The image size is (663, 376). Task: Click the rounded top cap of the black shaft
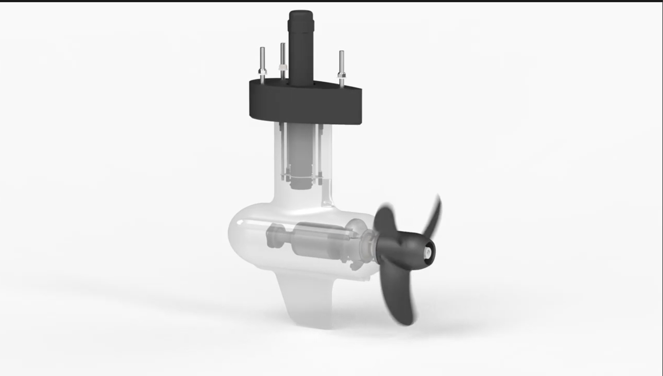[x=301, y=15]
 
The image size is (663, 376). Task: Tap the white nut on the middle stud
[x=283, y=68]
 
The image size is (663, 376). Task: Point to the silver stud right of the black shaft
[x=341, y=61]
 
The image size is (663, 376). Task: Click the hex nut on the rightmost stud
[x=341, y=75]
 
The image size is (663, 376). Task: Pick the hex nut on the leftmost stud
[x=262, y=71]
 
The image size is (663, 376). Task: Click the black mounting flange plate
[x=306, y=101]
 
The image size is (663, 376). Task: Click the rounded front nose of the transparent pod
[x=236, y=236]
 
